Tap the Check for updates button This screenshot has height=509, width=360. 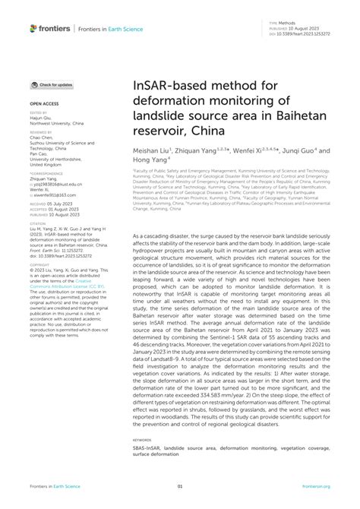click(52, 85)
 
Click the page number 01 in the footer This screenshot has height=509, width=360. click(180, 486)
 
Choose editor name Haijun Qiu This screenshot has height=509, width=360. click(43, 119)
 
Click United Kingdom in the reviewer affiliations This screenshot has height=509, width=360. click(48, 164)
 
